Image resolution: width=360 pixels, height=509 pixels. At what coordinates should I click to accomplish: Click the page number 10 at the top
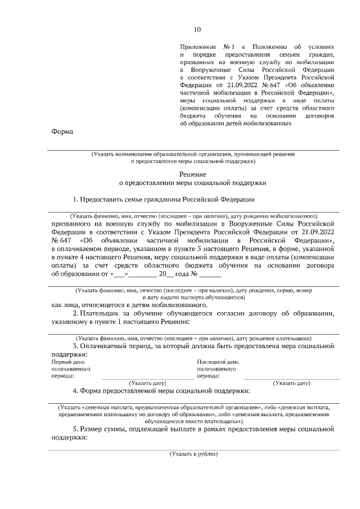point(197,29)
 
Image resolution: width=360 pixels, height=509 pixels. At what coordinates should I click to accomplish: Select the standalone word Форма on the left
point(62,132)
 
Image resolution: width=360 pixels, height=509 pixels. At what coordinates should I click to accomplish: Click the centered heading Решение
point(193,174)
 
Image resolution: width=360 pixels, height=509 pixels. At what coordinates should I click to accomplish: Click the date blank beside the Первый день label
point(147,376)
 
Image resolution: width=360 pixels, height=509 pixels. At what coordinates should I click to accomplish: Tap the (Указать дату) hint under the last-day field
point(291,383)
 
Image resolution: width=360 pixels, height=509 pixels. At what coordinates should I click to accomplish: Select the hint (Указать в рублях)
point(193,453)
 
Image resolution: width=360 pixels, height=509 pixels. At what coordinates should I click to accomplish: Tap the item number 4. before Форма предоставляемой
point(76,390)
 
